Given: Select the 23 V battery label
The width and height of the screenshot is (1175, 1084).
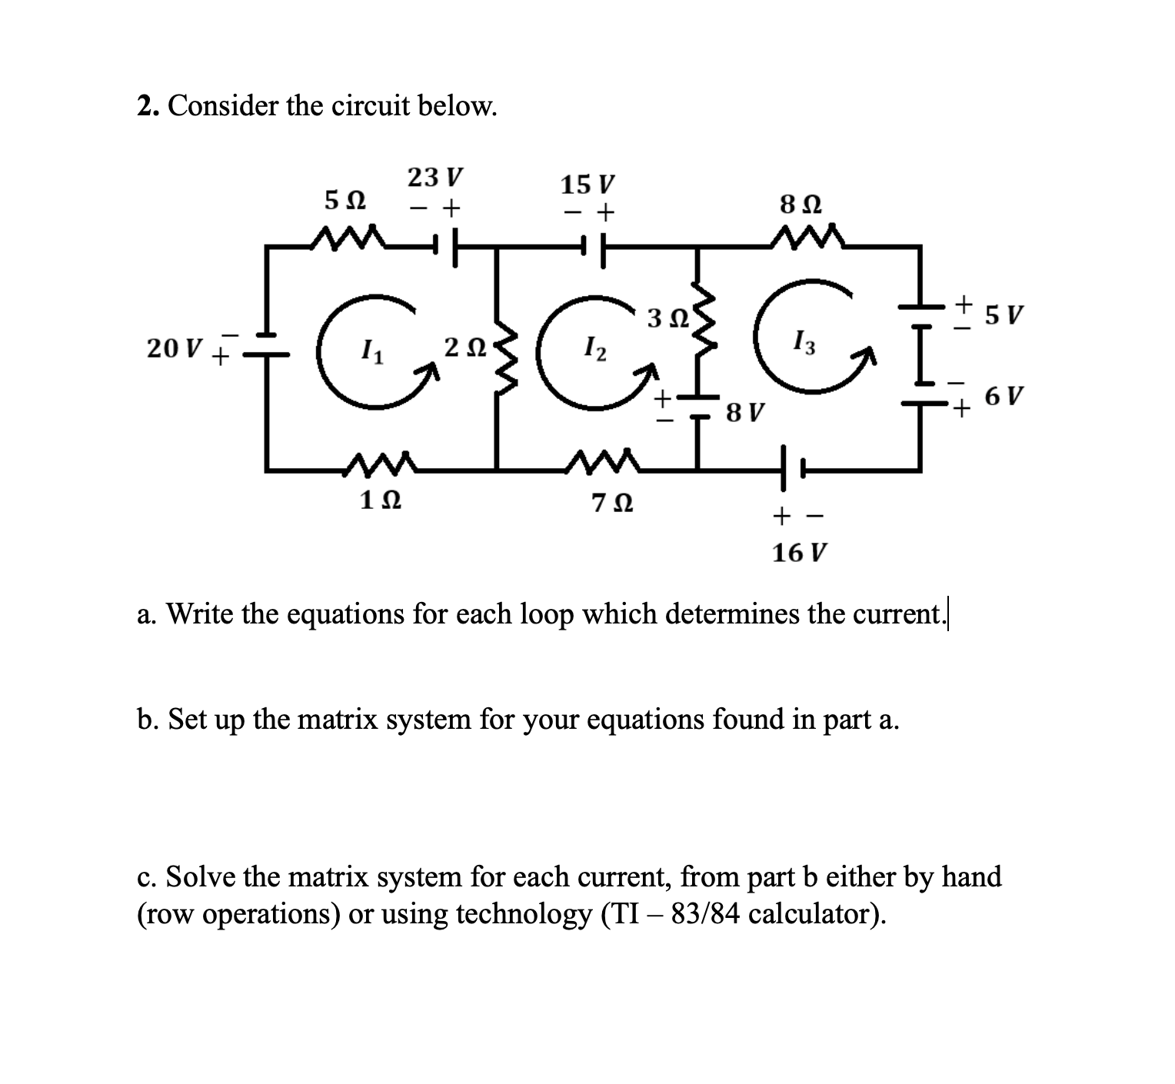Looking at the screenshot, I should click(435, 178).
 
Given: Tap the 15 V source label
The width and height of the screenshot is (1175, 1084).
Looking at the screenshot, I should click(588, 185).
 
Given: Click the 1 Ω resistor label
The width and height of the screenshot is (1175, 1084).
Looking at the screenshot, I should click(380, 501).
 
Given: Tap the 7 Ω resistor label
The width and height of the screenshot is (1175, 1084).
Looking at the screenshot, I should click(613, 504).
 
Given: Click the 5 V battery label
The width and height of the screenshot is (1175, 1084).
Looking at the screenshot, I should click(1004, 314).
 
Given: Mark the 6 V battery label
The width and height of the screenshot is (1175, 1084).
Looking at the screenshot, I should click(1004, 397).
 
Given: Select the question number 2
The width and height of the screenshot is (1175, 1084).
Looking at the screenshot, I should click(144, 106).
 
